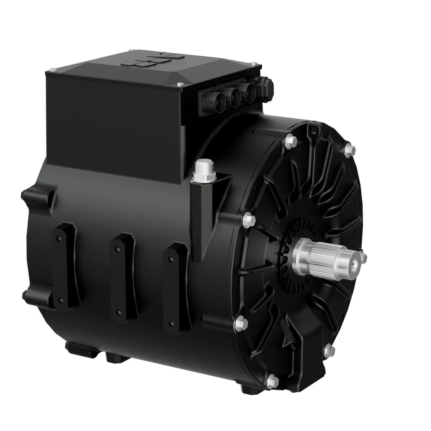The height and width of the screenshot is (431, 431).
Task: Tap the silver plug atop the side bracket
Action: (203, 169)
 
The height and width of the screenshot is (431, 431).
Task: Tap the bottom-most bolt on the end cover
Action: (273, 379)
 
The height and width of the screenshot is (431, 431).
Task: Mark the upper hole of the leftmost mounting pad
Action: (58, 238)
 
